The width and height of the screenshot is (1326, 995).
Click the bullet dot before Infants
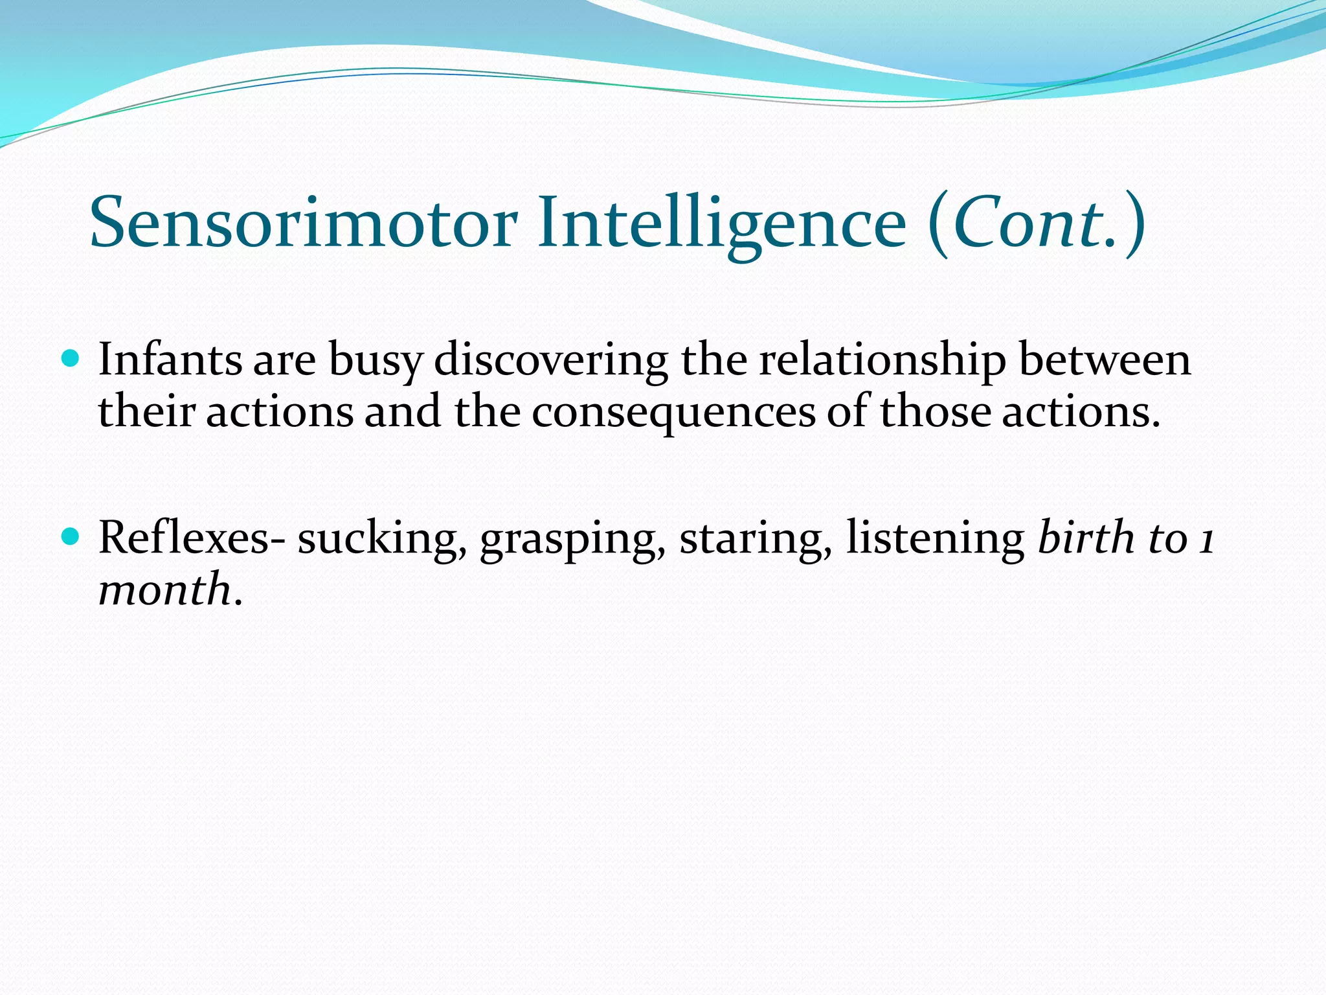click(70, 358)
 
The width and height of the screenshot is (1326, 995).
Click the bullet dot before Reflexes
click(70, 536)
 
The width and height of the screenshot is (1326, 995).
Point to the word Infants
click(169, 360)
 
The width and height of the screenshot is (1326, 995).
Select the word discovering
click(551, 361)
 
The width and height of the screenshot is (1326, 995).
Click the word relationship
click(882, 361)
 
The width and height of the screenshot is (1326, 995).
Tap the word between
click(1105, 360)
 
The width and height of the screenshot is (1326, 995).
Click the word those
click(935, 411)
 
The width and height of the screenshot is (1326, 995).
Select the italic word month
click(164, 589)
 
